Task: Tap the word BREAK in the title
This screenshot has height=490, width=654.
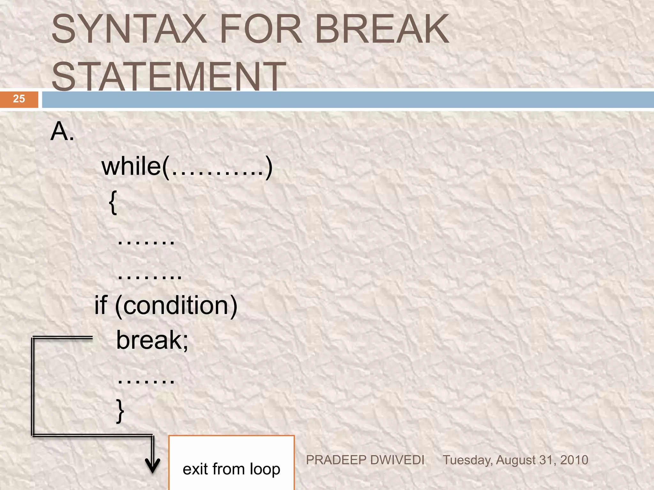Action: tap(382, 29)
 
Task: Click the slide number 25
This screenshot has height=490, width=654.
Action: tap(19, 99)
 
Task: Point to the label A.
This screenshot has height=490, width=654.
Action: tap(63, 131)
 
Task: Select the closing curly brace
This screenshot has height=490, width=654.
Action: tap(120, 411)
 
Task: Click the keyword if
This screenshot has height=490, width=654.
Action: tap(101, 305)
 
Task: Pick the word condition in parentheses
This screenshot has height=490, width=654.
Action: tap(176, 306)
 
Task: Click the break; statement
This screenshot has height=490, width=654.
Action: tap(152, 340)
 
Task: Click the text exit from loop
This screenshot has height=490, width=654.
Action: tap(231, 469)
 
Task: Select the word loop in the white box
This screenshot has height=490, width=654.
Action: tap(265, 469)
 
